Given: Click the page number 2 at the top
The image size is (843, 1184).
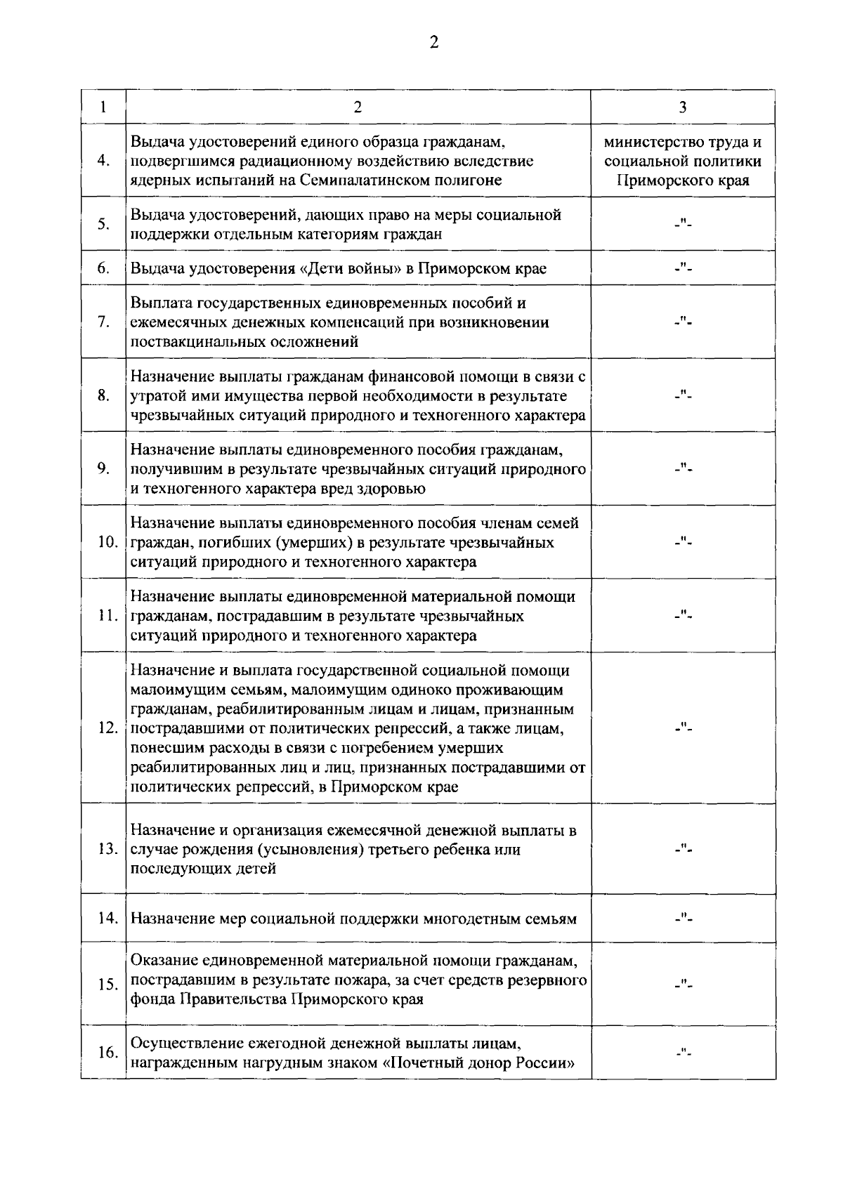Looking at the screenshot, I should tap(433, 44).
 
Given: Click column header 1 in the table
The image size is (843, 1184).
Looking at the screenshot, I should tap(103, 107).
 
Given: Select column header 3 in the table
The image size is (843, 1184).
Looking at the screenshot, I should tap(683, 107).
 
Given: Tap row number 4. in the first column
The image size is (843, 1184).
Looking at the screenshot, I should tap(103, 161).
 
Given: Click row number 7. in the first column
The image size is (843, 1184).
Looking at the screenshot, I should tap(103, 322).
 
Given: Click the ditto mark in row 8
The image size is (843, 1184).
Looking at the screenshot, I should tap(683, 395).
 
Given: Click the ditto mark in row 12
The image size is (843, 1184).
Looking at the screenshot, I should tap(683, 728).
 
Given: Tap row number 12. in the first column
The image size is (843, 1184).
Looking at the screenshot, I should tap(107, 728).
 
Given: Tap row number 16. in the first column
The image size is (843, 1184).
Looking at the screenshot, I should tap(107, 1053).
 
